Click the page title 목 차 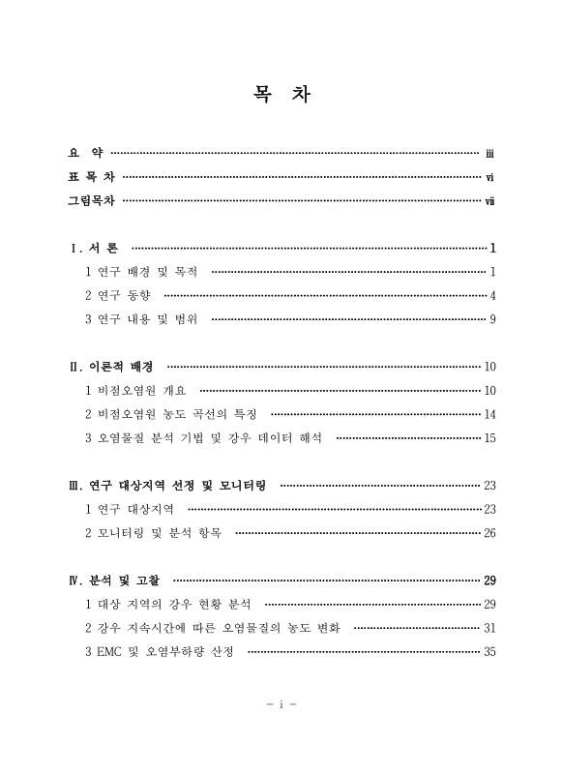point(281,96)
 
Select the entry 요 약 point(84,152)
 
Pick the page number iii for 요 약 point(490,152)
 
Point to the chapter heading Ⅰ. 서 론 point(94,248)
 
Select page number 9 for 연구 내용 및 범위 point(492,318)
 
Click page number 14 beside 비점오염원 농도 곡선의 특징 point(489,414)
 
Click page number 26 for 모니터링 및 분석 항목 point(489,533)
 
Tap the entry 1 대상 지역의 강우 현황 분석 point(167,604)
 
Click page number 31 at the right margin point(489,628)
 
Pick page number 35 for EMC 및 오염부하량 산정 point(489,652)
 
